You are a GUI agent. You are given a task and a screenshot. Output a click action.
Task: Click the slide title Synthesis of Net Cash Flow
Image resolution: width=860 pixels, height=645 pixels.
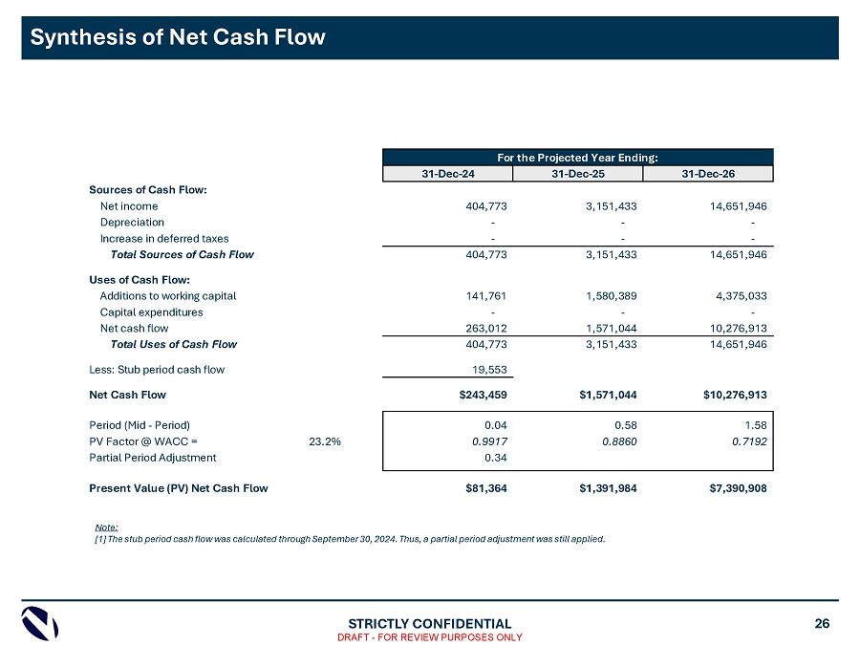point(178,37)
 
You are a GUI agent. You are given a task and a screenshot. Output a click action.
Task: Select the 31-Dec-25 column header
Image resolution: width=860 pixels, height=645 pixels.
point(577,173)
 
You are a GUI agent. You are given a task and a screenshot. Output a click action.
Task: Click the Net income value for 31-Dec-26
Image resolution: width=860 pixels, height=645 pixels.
point(731,205)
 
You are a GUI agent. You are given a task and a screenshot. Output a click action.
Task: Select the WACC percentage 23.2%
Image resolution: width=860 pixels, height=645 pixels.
point(325,441)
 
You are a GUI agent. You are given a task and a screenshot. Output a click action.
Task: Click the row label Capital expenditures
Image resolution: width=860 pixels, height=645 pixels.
point(151,312)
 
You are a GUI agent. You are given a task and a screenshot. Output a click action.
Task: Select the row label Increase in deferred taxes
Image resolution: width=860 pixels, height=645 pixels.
point(164,238)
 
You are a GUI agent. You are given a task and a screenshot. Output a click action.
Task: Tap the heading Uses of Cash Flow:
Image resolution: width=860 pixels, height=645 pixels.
point(139,279)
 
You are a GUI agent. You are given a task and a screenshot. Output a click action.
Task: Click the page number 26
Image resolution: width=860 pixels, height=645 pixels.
point(822,624)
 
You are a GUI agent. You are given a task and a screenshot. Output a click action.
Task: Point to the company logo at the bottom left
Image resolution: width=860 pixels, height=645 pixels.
point(40,625)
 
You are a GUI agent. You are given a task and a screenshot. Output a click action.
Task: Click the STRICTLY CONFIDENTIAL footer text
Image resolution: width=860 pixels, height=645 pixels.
point(429,624)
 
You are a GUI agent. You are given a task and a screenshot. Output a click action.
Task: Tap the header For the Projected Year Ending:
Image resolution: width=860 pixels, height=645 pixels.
point(577,157)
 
